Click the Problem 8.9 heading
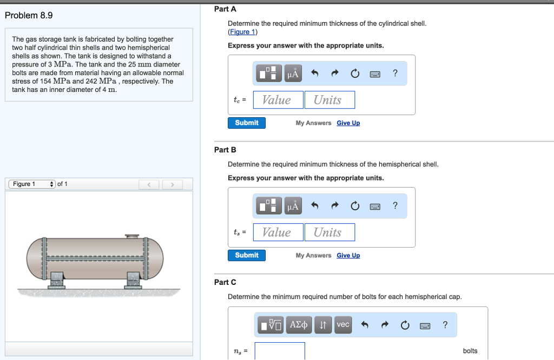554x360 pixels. point(29,15)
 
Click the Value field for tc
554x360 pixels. point(276,100)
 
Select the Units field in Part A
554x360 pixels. point(329,100)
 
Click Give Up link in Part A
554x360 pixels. point(348,123)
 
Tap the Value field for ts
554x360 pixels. point(276,232)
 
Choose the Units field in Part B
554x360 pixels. point(329,232)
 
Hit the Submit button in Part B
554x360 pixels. point(247,255)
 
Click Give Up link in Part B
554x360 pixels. point(348,256)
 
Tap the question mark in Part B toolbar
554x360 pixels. point(395,205)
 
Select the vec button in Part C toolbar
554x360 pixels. point(342,324)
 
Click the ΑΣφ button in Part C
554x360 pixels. point(299,324)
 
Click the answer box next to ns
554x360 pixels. point(280,351)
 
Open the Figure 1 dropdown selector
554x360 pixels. point(32,184)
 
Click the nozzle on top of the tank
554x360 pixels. point(132,236)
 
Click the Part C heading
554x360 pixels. point(225,282)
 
